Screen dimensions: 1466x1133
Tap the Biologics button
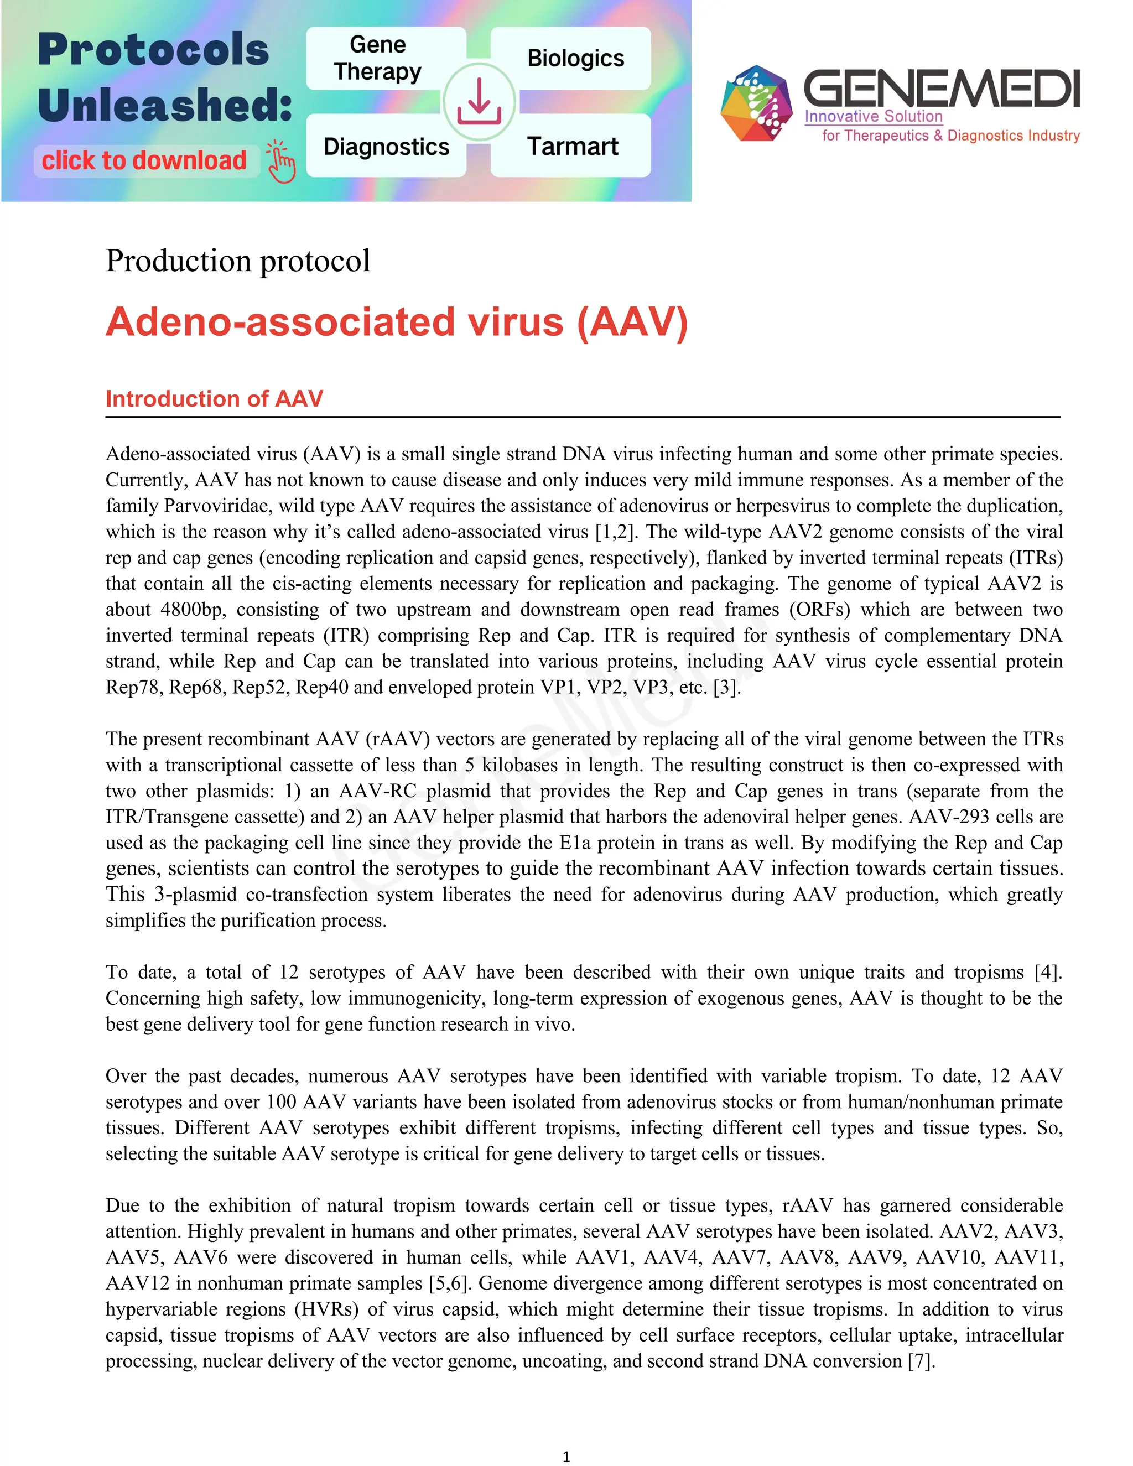point(575,59)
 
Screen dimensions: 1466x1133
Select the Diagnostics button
point(386,147)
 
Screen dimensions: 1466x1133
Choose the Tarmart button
point(572,147)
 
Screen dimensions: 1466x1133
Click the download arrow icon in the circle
point(479,102)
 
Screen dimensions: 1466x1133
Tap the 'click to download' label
point(144,161)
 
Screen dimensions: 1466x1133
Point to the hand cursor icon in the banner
point(281,162)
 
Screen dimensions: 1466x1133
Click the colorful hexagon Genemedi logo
point(756,103)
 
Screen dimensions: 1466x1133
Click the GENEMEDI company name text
point(941,89)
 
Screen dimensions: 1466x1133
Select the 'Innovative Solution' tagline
point(873,117)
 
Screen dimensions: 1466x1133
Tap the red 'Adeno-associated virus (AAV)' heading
point(397,322)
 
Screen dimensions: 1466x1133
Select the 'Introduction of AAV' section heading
point(214,399)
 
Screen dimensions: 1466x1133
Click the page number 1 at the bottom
point(566,1456)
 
